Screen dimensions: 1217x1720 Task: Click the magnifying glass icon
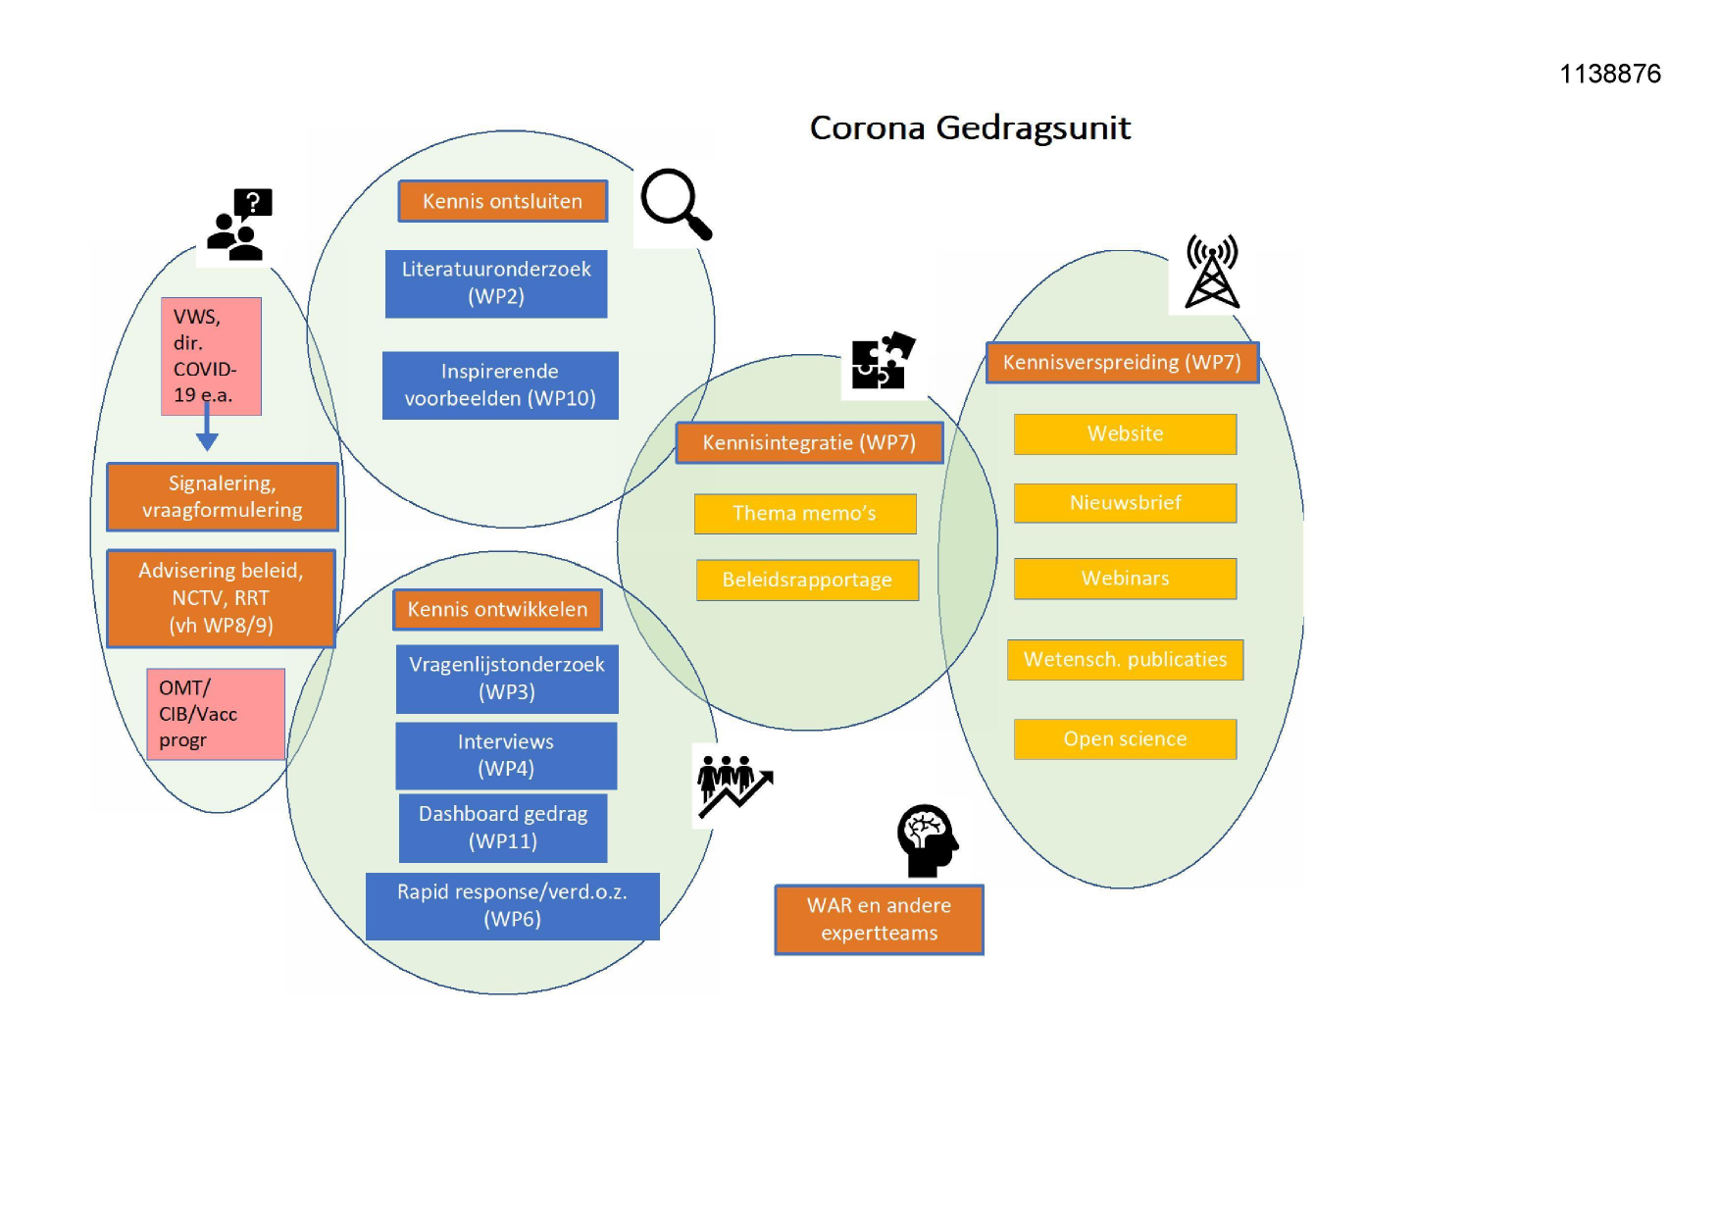click(675, 204)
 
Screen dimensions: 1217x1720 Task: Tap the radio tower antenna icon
click(1212, 272)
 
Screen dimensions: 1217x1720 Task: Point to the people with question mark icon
click(238, 226)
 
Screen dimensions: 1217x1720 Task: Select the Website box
click(1125, 434)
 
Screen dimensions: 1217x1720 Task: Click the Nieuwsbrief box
click(1125, 503)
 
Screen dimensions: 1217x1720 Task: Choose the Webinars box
click(1125, 579)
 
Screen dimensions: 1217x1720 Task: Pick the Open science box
click(1125, 739)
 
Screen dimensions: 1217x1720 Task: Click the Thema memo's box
click(805, 514)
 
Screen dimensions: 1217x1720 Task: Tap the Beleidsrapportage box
click(807, 580)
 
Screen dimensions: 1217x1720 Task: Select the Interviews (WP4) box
click(506, 755)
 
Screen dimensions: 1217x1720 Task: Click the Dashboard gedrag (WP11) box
click(503, 828)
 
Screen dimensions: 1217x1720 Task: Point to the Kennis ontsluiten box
click(502, 201)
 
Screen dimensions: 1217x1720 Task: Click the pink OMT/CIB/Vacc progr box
click(216, 714)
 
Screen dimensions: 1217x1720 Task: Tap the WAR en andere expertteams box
click(879, 920)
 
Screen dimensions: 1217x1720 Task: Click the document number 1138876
click(1610, 75)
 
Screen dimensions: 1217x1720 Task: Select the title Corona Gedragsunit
click(970, 128)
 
